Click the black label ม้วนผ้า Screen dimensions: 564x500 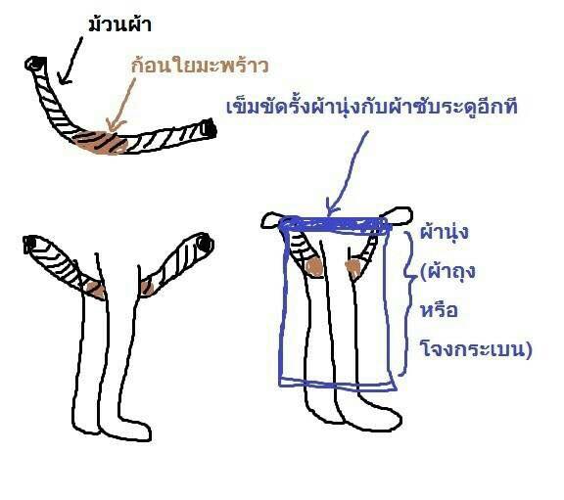[119, 24]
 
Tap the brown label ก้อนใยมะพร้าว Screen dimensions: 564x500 [200, 65]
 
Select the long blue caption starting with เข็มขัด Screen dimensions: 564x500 [372, 106]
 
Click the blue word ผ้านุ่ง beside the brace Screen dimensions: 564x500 [445, 232]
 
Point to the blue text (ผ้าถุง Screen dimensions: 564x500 [447, 272]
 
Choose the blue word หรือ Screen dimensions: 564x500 [440, 309]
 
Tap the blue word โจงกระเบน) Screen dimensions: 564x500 [476, 348]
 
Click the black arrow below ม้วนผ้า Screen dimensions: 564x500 [70, 60]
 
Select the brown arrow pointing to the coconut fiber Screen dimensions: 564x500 [121, 105]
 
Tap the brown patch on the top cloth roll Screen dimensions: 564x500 [102, 143]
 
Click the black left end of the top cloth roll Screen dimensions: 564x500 [35, 64]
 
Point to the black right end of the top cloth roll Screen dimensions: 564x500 [210, 129]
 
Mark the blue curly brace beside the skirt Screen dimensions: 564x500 [407, 302]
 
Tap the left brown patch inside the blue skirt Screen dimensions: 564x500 [313, 267]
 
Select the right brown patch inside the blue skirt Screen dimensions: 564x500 [353, 269]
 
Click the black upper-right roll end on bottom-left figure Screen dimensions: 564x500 [205, 244]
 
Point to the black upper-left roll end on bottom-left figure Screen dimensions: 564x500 [30, 245]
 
